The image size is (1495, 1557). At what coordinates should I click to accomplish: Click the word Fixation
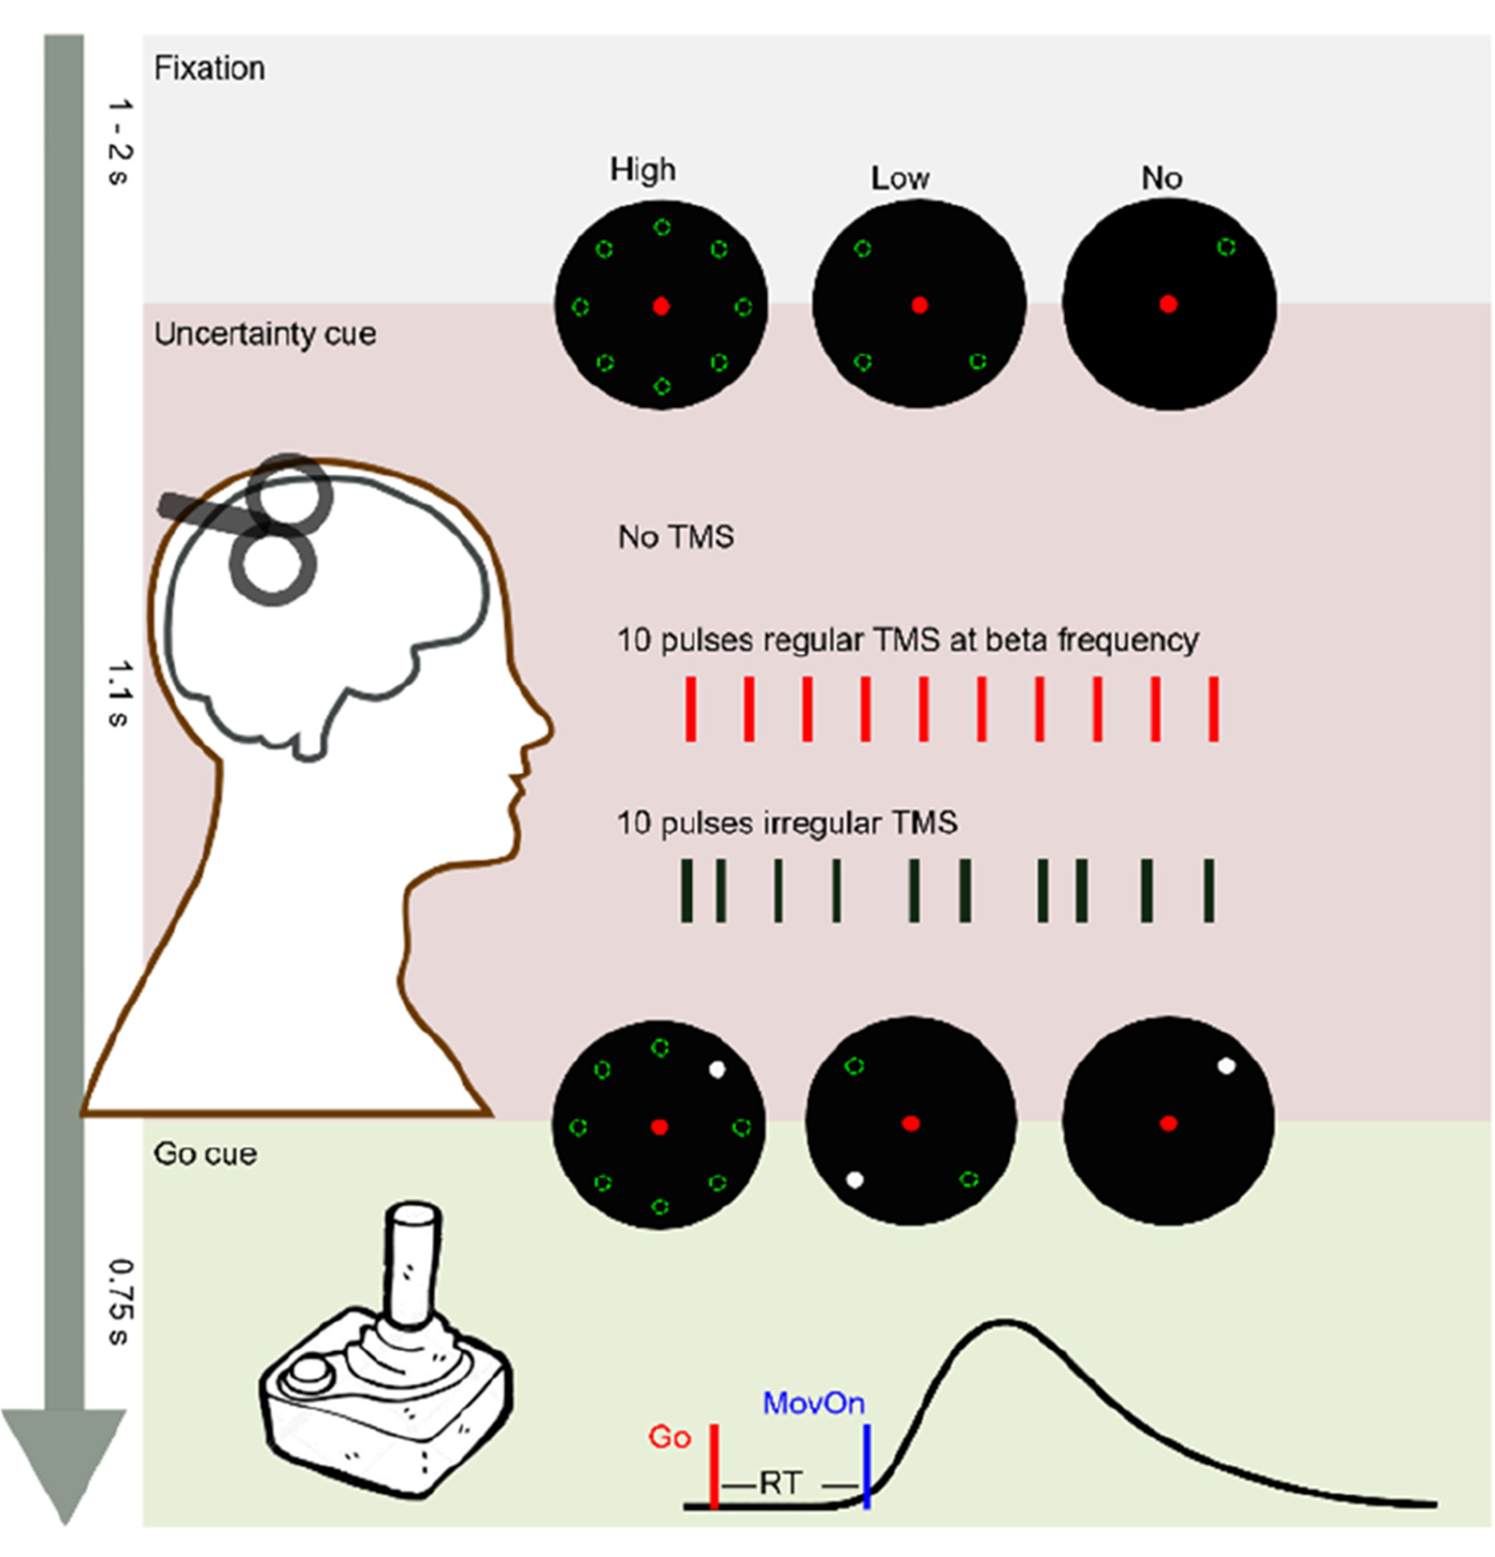209,69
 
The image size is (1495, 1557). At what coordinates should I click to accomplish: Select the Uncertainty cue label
264,334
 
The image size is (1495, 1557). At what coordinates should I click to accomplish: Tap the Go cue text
205,1154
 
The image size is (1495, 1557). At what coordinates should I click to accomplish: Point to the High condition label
642,169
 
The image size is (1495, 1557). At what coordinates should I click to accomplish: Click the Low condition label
899,178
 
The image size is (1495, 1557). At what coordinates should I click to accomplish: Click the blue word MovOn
813,1404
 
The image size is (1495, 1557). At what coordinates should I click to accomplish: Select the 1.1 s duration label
118,693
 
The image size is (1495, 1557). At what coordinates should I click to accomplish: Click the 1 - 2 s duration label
118,141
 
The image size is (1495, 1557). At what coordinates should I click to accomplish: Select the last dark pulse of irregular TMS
1208,890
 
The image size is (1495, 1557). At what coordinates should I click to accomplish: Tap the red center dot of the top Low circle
919,305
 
